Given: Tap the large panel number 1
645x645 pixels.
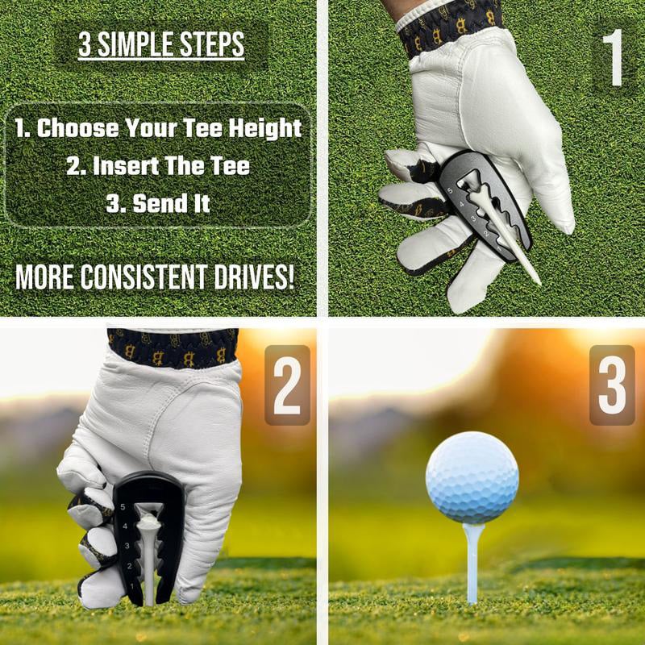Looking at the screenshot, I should [x=614, y=59].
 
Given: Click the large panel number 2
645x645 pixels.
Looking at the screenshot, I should [x=287, y=385].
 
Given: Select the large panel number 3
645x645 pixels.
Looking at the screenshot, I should [x=612, y=385].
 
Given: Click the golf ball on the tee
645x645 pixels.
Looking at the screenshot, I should [x=472, y=477].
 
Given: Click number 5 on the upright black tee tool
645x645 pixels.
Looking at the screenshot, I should [x=122, y=508].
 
